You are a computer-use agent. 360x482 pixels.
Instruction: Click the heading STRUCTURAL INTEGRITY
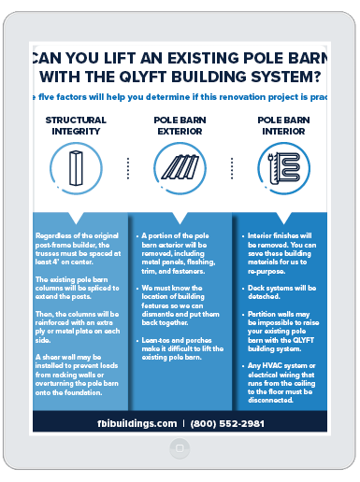pyautogui.click(x=76, y=125)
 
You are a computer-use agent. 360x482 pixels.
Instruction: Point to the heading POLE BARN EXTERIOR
pyautogui.click(x=180, y=125)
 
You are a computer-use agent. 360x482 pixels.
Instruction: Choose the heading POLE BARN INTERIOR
pyautogui.click(x=282, y=125)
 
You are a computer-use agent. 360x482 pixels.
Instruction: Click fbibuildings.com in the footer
pyautogui.click(x=137, y=422)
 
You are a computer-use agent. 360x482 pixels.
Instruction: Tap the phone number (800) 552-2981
pyautogui.click(x=228, y=422)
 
